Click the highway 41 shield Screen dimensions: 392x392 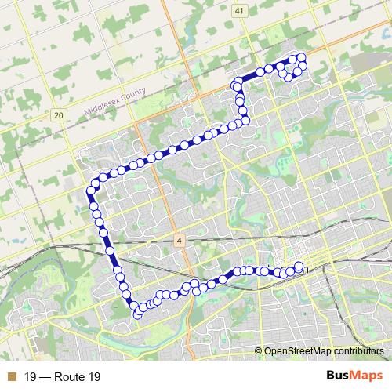click(x=238, y=10)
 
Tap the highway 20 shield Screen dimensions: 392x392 click(x=59, y=115)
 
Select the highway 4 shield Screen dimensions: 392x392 click(x=180, y=240)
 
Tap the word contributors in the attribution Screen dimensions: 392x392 click(x=359, y=352)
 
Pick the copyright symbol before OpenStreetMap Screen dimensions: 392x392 click(x=259, y=352)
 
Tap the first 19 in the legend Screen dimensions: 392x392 click(x=31, y=377)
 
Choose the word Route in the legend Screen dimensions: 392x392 click(x=70, y=377)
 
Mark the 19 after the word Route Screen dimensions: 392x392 click(x=94, y=377)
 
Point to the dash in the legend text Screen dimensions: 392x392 click(x=45, y=377)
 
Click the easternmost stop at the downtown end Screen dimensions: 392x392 click(x=299, y=266)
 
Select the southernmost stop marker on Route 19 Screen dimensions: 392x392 click(x=137, y=315)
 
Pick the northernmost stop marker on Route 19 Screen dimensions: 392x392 click(x=300, y=56)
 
